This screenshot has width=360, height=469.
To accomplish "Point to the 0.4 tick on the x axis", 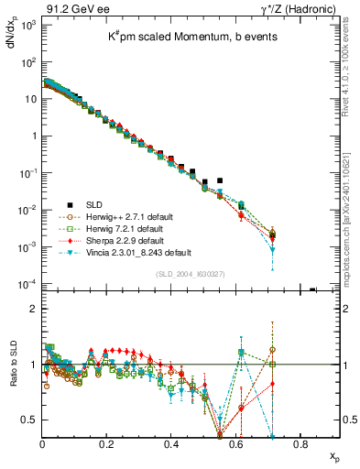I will [x=171, y=444].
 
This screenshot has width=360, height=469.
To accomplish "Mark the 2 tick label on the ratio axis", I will [x=35, y=309].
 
